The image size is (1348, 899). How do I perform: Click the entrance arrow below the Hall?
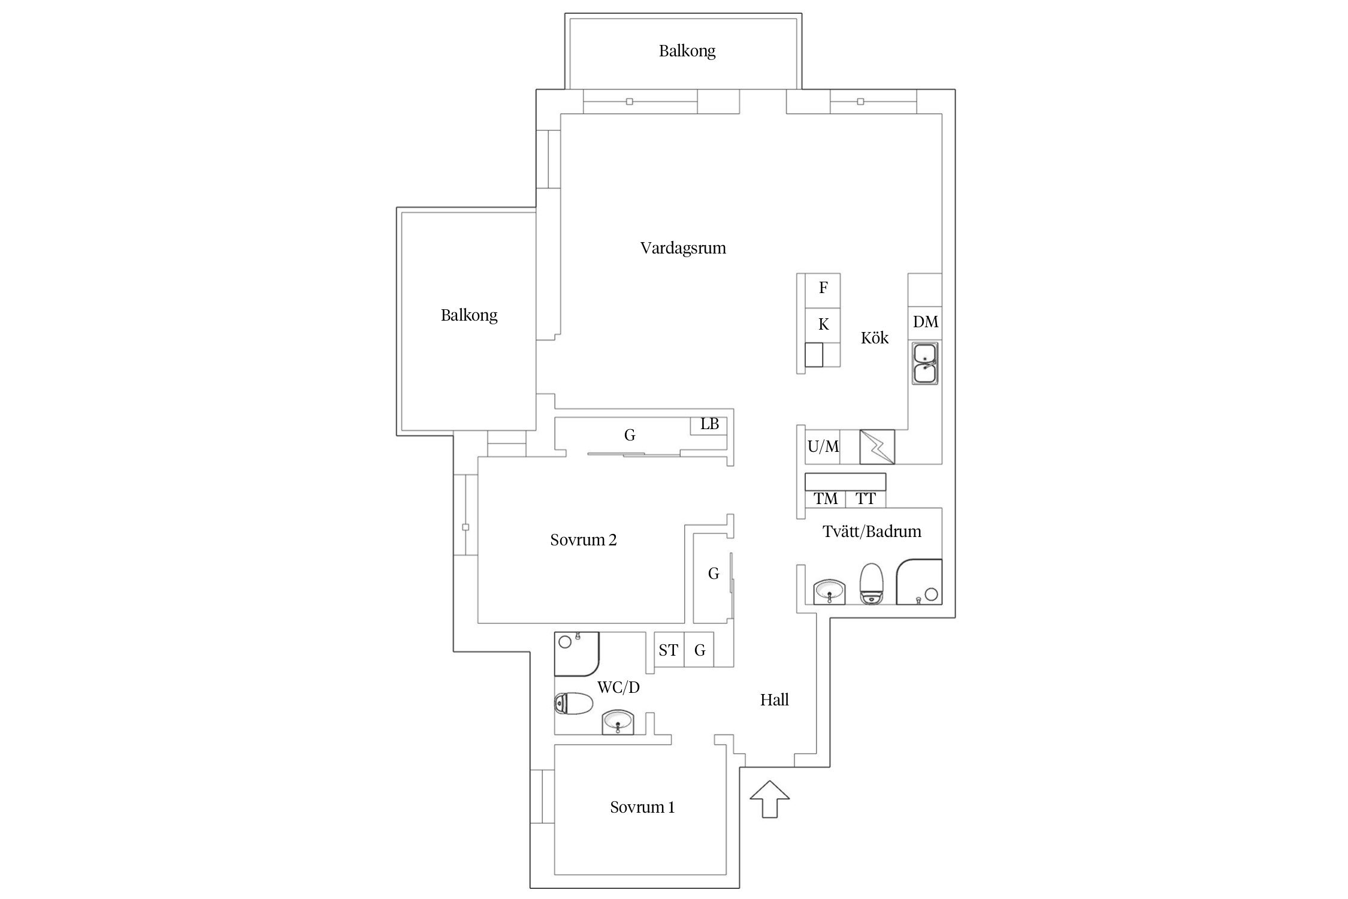pos(770,799)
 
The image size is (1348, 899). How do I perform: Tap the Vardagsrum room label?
pos(683,248)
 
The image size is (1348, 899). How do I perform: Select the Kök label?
pos(875,337)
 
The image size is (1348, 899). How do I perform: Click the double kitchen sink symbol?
pos(925,363)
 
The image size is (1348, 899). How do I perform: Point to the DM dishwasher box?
pos(925,322)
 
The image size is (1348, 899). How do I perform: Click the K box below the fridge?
pos(823,325)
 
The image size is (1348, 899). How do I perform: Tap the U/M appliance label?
pos(823,446)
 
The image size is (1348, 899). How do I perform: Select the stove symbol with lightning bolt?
pos(877,447)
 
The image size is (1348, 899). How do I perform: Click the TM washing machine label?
pos(826,499)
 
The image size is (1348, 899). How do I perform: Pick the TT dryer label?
pos(866,499)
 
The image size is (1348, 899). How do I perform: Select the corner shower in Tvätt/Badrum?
pos(919,582)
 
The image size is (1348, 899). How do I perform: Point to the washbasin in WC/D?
pos(617,722)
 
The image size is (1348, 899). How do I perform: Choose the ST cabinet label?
pos(668,650)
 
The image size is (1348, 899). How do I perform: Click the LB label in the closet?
pos(710,424)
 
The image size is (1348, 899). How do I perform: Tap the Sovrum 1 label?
pos(642,807)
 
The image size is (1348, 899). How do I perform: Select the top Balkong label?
pos(687,51)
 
